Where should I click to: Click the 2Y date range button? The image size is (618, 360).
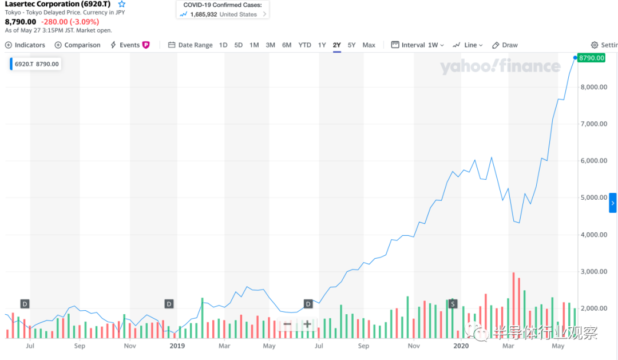point(336,45)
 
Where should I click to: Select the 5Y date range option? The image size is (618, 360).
point(352,45)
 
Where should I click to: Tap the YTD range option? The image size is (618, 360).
point(304,45)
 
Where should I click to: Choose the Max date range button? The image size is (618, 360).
point(369,45)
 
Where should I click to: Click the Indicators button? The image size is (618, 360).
point(25,45)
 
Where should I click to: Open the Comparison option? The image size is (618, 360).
point(77,45)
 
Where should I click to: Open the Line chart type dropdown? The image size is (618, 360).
point(468,45)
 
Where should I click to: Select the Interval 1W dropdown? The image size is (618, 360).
point(418,45)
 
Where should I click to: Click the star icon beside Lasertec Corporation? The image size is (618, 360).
point(121,4)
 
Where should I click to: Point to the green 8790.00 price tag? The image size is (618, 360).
point(591,58)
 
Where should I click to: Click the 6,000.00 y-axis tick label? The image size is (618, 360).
point(592,161)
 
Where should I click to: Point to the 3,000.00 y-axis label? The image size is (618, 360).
point(592,271)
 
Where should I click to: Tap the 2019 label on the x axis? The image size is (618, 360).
point(177,346)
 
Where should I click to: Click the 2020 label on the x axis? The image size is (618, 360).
point(461,346)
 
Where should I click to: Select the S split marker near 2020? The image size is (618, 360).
point(453,303)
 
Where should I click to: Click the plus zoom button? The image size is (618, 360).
point(307,325)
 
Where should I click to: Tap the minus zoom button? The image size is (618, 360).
point(287,325)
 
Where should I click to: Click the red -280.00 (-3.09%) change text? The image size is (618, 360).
point(70,22)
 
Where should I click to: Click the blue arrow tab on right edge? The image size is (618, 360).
point(612,203)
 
